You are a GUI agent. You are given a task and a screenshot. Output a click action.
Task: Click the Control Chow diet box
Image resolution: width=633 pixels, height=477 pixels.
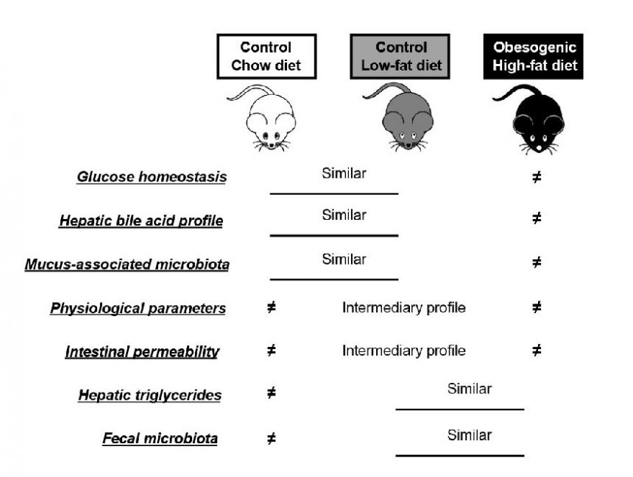pyautogui.click(x=266, y=57)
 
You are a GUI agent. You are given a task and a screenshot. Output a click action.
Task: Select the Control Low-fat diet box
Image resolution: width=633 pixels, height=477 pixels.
pyautogui.click(x=401, y=57)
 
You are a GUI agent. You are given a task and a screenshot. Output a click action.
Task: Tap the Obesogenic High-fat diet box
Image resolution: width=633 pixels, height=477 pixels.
pyautogui.click(x=534, y=57)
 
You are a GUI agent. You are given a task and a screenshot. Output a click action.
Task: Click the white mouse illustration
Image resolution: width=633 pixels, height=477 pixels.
pyautogui.click(x=267, y=118)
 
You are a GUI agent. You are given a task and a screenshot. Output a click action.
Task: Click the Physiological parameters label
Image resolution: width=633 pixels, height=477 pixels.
pyautogui.click(x=138, y=308)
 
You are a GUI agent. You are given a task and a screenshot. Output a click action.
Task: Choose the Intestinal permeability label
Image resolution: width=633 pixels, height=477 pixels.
pyautogui.click(x=142, y=351)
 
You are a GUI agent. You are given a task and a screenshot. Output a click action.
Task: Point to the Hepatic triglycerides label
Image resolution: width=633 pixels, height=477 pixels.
pyautogui.click(x=150, y=395)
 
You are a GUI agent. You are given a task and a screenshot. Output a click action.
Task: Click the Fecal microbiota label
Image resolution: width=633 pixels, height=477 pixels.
pyautogui.click(x=160, y=439)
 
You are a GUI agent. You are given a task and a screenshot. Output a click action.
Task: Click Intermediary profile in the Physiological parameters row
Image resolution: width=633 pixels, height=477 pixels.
pyautogui.click(x=403, y=308)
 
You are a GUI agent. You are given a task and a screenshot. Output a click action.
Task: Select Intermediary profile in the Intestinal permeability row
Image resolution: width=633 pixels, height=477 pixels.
pyautogui.click(x=403, y=351)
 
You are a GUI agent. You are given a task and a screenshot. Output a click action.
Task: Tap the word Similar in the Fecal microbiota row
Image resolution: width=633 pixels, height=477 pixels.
pyautogui.click(x=470, y=434)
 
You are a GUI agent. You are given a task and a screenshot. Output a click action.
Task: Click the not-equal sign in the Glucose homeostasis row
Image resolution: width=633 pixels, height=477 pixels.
pyautogui.click(x=536, y=178)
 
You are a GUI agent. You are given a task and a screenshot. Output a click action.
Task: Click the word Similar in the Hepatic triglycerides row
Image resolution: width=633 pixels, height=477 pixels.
pyautogui.click(x=470, y=389)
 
